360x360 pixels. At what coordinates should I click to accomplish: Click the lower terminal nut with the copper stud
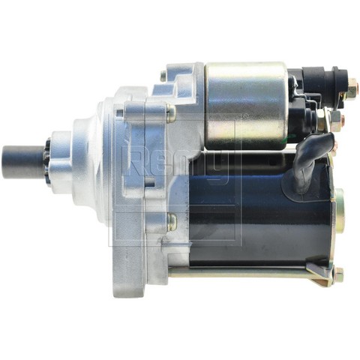(x=337, y=120)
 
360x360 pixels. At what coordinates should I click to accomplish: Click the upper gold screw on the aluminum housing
(x=172, y=113)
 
